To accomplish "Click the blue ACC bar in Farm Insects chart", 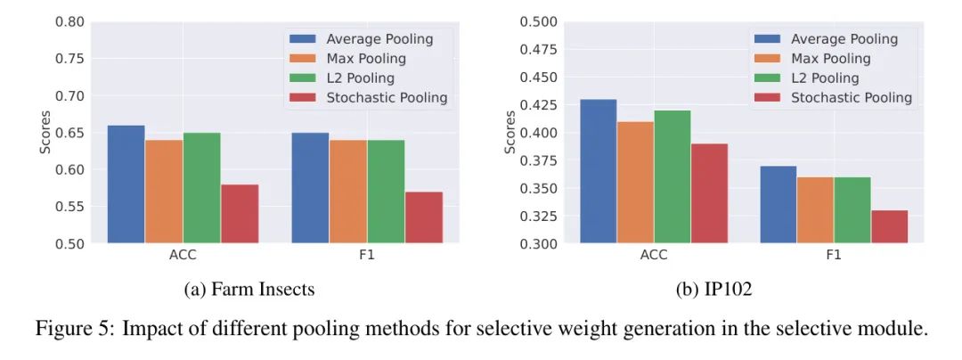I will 126,184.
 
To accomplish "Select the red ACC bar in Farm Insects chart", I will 240,213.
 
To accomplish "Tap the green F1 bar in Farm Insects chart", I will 386,191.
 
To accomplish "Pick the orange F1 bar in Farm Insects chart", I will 347,191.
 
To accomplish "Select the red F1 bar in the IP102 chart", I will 889,226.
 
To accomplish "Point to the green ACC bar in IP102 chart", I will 673,176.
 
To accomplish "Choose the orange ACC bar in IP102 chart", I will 635,182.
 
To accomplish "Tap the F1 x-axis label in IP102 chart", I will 833,255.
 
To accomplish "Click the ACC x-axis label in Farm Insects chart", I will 183,255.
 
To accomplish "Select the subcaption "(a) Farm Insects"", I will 247,289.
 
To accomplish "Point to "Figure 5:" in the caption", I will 74,329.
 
